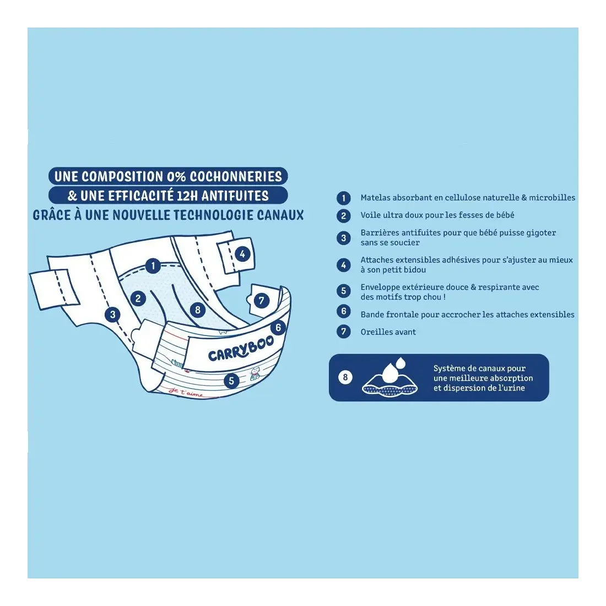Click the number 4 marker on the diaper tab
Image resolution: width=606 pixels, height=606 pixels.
(x=242, y=254)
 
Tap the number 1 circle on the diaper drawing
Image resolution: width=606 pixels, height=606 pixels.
(x=153, y=266)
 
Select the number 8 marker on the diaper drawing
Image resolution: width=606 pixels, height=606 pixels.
(x=198, y=310)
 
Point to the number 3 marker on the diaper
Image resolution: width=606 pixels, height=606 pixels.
(x=112, y=314)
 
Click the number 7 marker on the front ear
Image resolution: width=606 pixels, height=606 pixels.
(x=262, y=300)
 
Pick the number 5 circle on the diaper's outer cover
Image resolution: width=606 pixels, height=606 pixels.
(x=231, y=381)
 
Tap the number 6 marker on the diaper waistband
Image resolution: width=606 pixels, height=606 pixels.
(x=278, y=328)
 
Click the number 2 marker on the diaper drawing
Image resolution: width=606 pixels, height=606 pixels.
(x=138, y=298)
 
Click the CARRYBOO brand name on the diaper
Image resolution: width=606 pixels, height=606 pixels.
(x=241, y=348)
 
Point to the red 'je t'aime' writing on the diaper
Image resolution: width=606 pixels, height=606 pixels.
(x=186, y=392)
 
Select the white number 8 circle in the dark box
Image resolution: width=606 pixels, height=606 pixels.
(x=345, y=377)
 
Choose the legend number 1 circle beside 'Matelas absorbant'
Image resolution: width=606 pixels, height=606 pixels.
(x=344, y=198)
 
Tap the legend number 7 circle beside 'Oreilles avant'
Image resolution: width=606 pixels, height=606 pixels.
(x=344, y=332)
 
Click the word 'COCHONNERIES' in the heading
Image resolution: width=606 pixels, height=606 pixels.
(x=236, y=177)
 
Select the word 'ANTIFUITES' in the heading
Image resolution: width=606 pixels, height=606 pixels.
(x=235, y=196)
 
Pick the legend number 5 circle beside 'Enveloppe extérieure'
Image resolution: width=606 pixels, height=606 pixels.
(x=344, y=291)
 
